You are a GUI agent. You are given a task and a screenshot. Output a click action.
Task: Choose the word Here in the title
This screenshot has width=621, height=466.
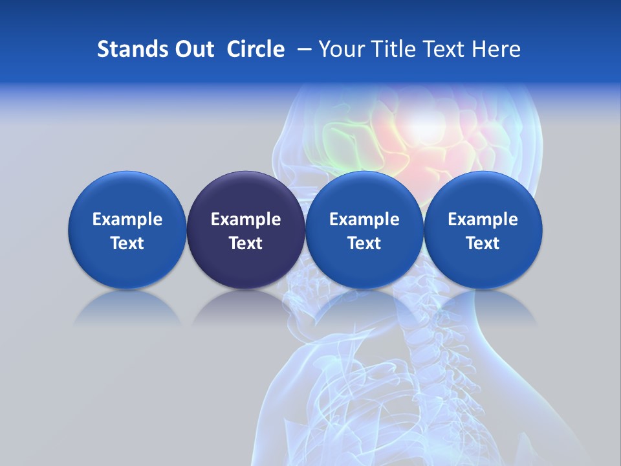[497, 49]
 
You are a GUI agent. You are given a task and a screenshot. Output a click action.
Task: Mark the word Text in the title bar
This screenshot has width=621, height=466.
[447, 49]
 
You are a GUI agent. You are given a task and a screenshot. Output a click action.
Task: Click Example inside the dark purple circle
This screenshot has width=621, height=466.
[246, 219]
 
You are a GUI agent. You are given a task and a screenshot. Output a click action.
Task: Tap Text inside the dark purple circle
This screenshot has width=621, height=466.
[246, 243]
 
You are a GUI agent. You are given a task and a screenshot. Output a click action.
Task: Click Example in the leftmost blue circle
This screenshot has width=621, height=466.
[127, 219]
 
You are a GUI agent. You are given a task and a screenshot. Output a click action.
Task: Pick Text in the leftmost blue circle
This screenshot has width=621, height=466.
[127, 243]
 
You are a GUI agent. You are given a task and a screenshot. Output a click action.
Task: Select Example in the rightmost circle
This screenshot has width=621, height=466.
[483, 219]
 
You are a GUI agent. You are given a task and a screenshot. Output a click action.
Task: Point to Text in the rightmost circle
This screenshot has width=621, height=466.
[483, 243]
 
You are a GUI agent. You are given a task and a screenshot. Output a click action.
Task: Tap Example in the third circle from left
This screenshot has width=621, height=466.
[364, 219]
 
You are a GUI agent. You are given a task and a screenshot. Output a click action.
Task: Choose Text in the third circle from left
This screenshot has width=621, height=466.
[364, 243]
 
